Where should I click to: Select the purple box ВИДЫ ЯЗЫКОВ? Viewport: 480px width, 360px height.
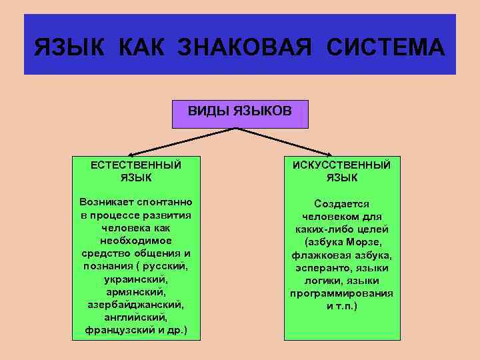point(240,113)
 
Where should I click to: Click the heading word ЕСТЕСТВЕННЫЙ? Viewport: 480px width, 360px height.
point(137,165)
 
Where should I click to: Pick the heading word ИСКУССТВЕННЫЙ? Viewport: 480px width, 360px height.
point(342,165)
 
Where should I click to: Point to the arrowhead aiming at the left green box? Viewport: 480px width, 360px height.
point(131,153)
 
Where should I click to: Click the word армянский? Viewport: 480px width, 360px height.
point(135,291)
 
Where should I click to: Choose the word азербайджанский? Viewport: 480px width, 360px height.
point(135,304)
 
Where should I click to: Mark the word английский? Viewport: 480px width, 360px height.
point(135,317)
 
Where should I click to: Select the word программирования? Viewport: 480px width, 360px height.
point(342,293)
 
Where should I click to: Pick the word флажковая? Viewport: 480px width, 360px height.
point(317,255)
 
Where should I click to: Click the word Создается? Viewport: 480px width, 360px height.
point(342,204)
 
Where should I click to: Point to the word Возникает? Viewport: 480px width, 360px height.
point(107,202)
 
